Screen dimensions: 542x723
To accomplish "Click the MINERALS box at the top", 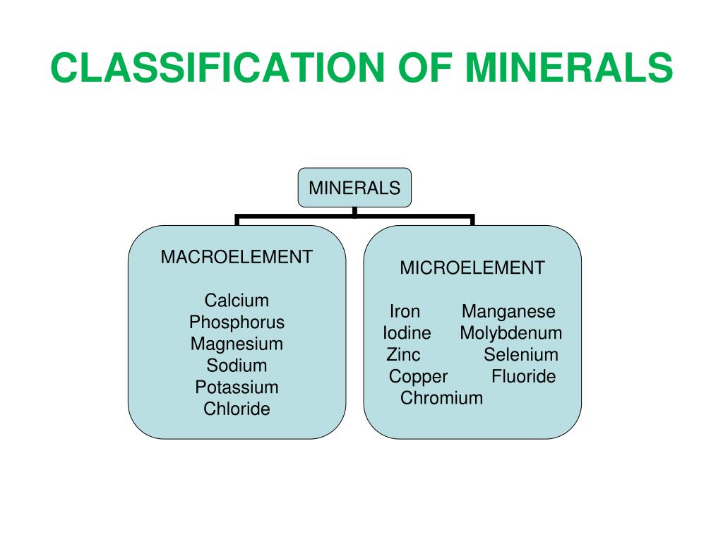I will point(354,188).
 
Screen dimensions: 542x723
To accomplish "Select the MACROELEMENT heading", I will point(237,257).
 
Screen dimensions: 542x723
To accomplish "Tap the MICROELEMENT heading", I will point(472,268).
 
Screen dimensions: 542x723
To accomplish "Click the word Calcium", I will point(237,301).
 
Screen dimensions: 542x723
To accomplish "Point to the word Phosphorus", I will point(237,323).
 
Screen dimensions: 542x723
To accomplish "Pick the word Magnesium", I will point(237,344).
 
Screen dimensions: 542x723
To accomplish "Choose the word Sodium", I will point(237,366).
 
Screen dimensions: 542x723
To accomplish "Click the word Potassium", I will point(237,387).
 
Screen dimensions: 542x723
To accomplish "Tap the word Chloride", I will point(237,409).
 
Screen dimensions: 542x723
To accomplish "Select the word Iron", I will point(405,312).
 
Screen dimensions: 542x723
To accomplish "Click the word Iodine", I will point(407,333).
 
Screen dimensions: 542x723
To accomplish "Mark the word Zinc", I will point(403,355).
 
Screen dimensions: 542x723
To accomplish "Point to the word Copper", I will point(418,376).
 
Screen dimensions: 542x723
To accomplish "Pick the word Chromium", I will point(442,398).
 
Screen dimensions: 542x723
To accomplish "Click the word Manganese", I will point(508,312).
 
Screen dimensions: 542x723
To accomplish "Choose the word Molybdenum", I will point(511,333).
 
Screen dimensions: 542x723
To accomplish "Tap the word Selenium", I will point(521,355).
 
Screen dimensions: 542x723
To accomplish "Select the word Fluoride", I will point(524,376).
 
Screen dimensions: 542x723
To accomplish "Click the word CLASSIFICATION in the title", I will point(212,68).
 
